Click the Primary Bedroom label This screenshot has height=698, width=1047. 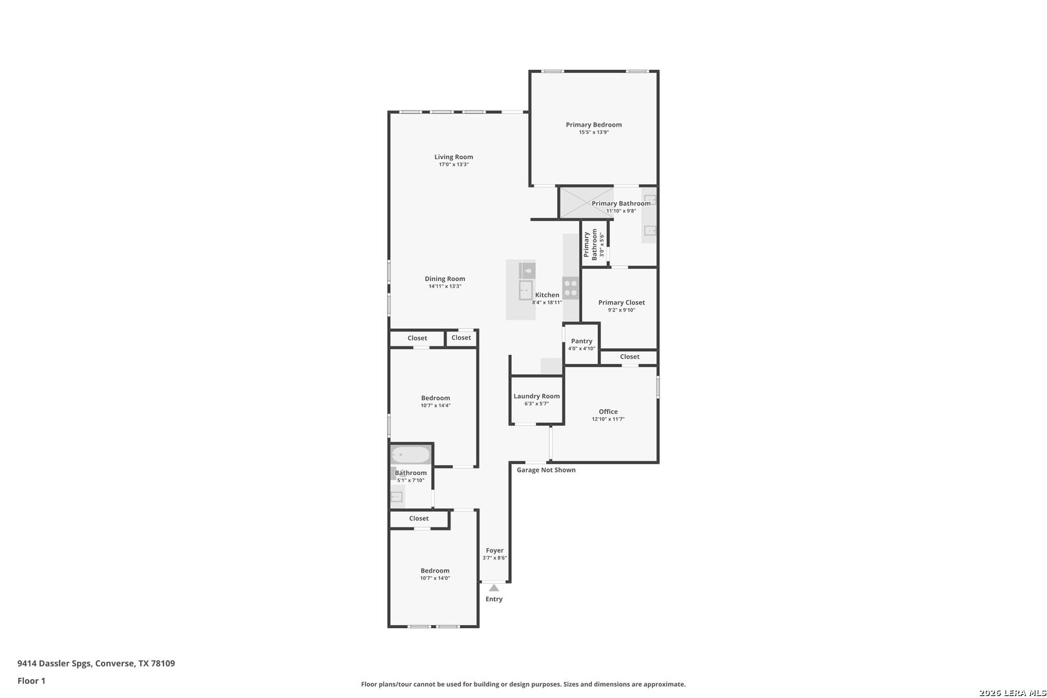pyautogui.click(x=593, y=125)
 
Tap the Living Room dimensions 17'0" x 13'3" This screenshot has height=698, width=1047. pyautogui.click(x=454, y=165)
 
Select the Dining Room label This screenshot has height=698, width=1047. pyautogui.click(x=445, y=279)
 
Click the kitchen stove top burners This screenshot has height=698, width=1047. pyautogui.click(x=571, y=288)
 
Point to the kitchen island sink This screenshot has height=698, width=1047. pyautogui.click(x=525, y=290)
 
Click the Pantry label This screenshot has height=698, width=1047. pyautogui.click(x=582, y=341)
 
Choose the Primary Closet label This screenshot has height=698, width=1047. pyautogui.click(x=622, y=302)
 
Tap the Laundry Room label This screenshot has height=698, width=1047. pyautogui.click(x=536, y=396)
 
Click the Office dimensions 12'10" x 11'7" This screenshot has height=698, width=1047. pyautogui.click(x=608, y=419)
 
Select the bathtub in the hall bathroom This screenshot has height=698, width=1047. pyautogui.click(x=410, y=454)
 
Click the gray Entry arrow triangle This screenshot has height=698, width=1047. pyautogui.click(x=494, y=588)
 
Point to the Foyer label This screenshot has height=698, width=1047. pyautogui.click(x=494, y=550)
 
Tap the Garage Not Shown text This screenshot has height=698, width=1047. pyautogui.click(x=546, y=470)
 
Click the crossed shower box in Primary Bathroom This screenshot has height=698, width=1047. pyautogui.click(x=587, y=202)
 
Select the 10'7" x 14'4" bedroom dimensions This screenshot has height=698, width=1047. pyautogui.click(x=436, y=406)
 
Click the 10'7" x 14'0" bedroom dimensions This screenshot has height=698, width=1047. pyautogui.click(x=435, y=578)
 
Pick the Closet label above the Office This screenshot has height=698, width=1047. pyautogui.click(x=629, y=357)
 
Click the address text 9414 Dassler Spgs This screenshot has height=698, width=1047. pyautogui.click(x=54, y=663)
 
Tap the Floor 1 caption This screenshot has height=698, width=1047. pyautogui.click(x=31, y=681)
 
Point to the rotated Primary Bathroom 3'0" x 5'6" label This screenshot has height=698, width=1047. pyautogui.click(x=593, y=244)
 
